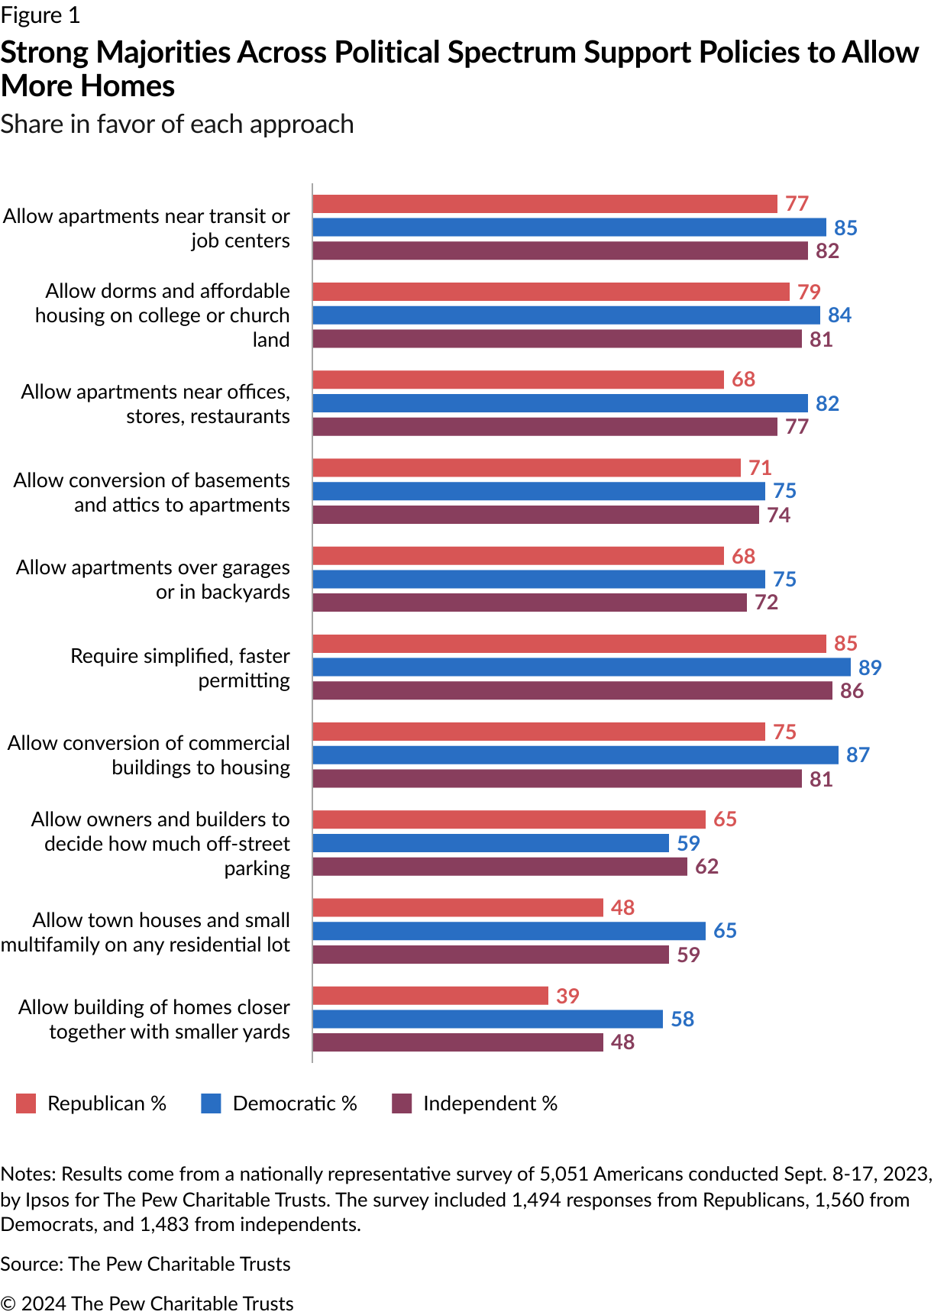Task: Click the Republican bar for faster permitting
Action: [569, 644]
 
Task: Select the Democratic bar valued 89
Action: [581, 667]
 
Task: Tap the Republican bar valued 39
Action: [430, 996]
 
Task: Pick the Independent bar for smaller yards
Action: [457, 1042]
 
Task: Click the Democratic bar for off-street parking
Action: [490, 843]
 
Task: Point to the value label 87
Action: [858, 755]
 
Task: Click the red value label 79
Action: [809, 292]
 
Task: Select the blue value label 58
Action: [682, 1019]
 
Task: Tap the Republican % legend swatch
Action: [26, 1103]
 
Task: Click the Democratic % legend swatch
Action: [211, 1103]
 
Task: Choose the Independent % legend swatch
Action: [402, 1103]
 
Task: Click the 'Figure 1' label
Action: [40, 15]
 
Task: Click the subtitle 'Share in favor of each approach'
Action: [177, 124]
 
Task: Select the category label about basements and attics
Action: [151, 493]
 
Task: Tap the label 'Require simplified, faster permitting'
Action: [180, 668]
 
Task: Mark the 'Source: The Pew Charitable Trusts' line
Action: [145, 1264]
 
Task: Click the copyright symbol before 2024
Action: [8, 1304]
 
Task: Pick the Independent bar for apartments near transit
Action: [560, 250]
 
